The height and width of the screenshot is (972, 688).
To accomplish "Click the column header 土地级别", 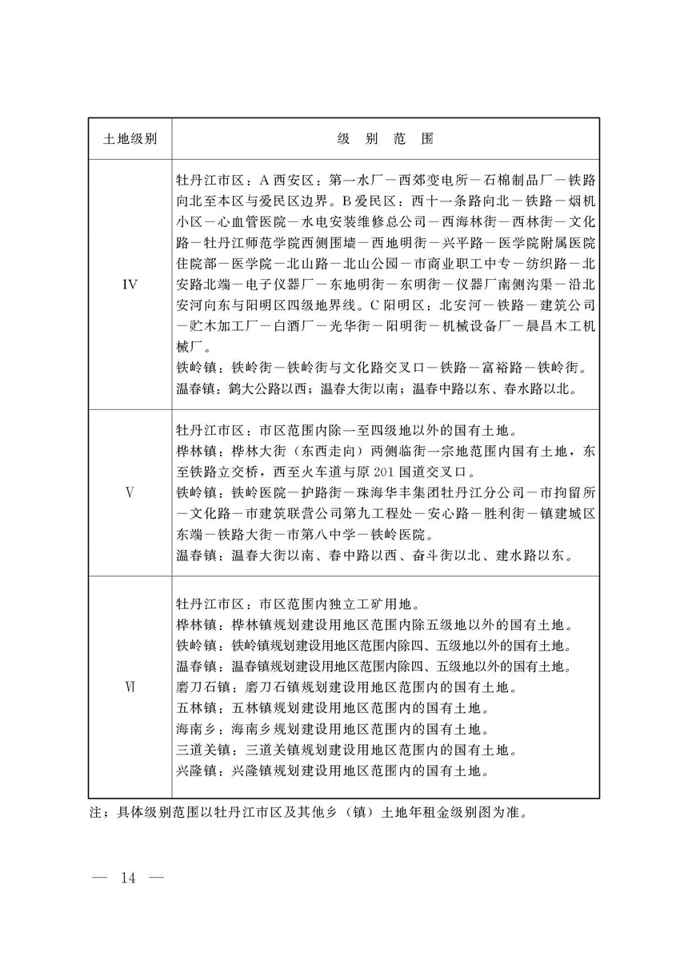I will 130,138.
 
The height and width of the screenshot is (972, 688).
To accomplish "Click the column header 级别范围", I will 385,138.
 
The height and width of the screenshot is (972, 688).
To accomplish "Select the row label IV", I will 130,284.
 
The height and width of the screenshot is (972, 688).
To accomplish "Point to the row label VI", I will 130,687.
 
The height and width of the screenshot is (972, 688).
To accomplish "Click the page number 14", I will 128,878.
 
